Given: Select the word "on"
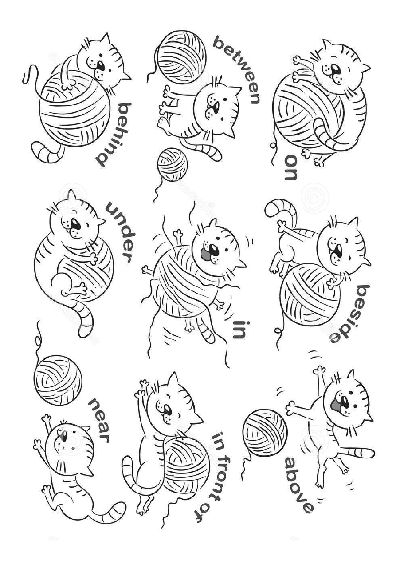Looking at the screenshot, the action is [291, 167].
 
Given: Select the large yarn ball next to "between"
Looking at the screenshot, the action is [181, 54].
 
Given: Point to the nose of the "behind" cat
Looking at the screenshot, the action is [101, 66].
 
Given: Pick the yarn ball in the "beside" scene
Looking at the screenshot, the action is [310, 295].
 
